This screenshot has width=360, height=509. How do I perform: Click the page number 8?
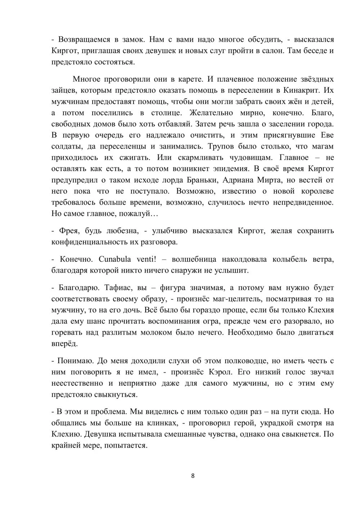click(193, 476)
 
